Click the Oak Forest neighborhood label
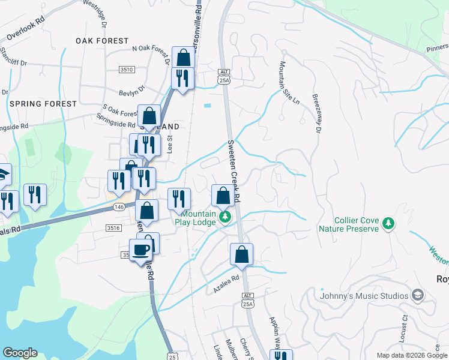tap(102, 41)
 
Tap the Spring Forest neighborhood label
tap(43, 104)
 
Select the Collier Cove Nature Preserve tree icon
tap(389, 223)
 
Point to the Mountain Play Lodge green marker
tap(224, 216)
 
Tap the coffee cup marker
tap(141, 250)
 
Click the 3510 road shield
tap(126, 70)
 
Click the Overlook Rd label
tap(23, 29)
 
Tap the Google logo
tap(20, 353)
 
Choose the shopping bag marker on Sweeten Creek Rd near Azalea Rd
tap(241, 254)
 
